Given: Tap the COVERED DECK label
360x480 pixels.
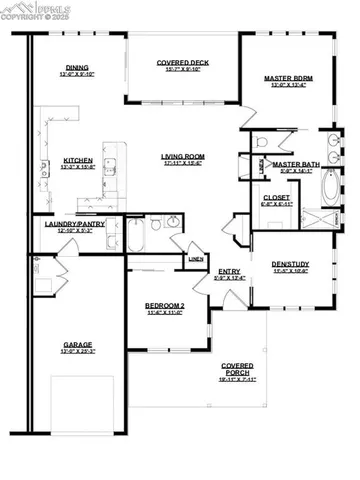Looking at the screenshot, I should coord(181,63).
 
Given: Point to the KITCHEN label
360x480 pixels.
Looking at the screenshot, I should coord(77,160).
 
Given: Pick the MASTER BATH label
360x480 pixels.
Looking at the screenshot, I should coord(295,164).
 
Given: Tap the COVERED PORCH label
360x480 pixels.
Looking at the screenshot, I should coord(237,370).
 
